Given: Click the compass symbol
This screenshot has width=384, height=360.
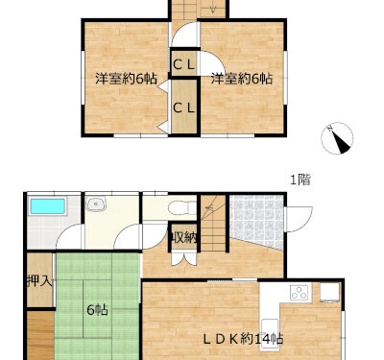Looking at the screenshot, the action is (337, 138).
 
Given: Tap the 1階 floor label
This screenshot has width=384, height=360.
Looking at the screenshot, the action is (300, 180).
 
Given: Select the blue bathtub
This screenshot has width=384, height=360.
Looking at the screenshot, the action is (48, 206).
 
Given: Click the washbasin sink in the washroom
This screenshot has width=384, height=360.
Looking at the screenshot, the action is (96, 204).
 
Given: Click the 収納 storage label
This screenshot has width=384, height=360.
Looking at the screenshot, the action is (184, 237).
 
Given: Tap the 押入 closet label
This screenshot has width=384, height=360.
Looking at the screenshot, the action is (39, 281).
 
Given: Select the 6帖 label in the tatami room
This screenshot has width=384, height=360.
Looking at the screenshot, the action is (98, 310).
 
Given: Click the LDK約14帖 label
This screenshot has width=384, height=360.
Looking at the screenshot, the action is (244, 339).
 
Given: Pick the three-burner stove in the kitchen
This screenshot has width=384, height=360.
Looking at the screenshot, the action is (300, 293).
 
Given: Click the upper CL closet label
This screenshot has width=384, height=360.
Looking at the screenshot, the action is (184, 65).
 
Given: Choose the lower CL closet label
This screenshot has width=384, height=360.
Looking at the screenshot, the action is (184, 108).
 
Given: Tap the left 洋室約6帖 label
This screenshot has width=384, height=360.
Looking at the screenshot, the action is (127, 79).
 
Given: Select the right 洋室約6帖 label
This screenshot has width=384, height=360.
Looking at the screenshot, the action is (242, 79).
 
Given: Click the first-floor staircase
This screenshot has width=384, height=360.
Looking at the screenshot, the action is (213, 223).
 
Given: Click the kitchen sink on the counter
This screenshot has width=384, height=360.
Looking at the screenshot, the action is (270, 330).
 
